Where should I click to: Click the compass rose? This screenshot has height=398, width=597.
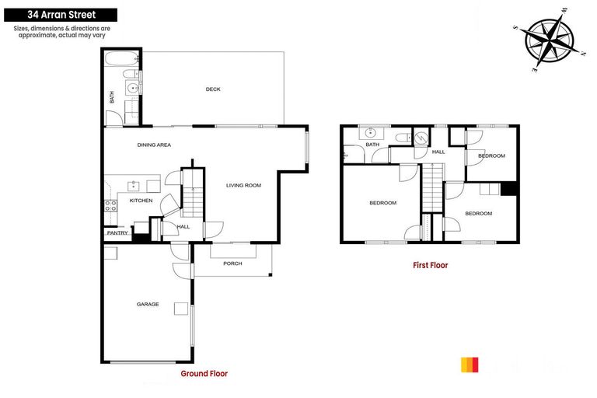(550, 40)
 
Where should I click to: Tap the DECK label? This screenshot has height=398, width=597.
(213, 89)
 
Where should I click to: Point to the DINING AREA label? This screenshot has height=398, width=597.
(154, 145)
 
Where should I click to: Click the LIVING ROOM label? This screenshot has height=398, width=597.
(243, 186)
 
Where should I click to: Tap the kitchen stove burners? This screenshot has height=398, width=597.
(110, 206)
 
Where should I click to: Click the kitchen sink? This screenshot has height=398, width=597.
(134, 185)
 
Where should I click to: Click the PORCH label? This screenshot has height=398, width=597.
(232, 264)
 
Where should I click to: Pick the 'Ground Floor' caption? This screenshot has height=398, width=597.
(204, 374)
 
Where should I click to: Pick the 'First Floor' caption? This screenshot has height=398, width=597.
(430, 265)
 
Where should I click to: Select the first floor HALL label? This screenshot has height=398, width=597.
(438, 152)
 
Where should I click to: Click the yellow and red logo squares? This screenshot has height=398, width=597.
(470, 365)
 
